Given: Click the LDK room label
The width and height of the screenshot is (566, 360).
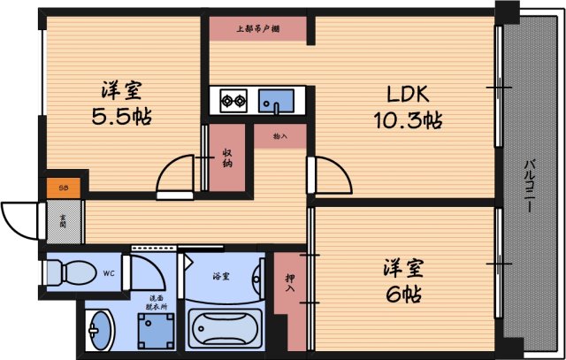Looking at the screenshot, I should click(407, 94).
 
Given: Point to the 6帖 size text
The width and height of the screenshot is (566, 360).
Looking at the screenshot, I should click(402, 293).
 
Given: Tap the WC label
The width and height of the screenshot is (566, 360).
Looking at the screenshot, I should click(107, 272).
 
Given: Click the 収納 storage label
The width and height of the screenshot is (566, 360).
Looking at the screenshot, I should click(227, 157).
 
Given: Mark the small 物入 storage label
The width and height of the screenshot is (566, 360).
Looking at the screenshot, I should click(279, 136).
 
